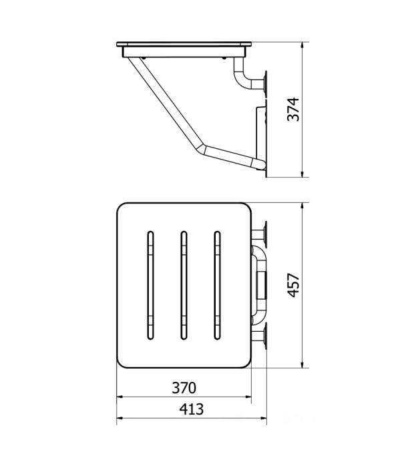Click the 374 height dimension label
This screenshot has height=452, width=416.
click(294, 109)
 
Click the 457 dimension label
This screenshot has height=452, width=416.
click(294, 285)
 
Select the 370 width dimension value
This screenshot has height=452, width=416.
click(184, 388)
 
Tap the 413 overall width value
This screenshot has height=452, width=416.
click(192, 409)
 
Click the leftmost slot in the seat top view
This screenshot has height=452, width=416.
click(150, 285)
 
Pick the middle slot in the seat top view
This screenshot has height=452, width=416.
click(184, 285)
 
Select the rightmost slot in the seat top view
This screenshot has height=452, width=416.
click(218, 285)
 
